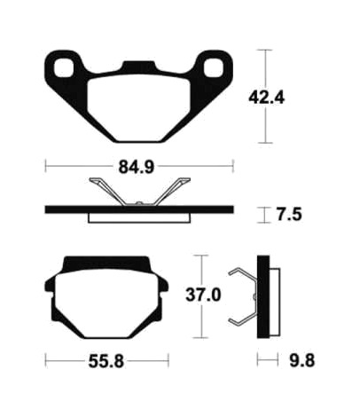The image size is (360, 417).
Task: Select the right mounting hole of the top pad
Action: [x=211, y=66]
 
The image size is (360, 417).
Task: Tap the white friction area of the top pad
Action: [x=138, y=102]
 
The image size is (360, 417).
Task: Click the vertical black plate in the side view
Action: [x=262, y=296]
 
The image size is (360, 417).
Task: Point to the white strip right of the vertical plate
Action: [x=270, y=297]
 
